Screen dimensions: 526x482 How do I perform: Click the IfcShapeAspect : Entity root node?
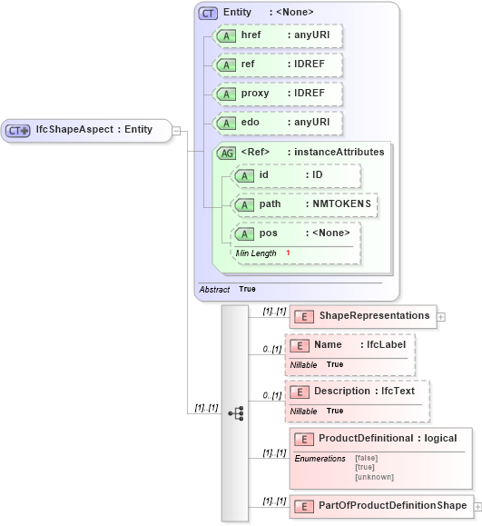[86, 130]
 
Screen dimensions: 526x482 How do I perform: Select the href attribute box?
[276, 35]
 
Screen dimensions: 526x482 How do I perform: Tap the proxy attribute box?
[276, 94]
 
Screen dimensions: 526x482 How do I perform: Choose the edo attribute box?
[276, 123]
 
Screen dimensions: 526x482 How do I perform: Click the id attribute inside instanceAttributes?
[295, 175]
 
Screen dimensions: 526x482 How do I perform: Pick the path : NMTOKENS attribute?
[304, 204]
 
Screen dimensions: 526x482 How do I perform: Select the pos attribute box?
[295, 233]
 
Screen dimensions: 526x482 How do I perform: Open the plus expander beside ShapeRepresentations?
[441, 317]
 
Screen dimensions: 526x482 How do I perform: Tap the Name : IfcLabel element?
[349, 346]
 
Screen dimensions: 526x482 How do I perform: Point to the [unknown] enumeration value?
[374, 477]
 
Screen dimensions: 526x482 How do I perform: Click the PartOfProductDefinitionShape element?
[380, 506]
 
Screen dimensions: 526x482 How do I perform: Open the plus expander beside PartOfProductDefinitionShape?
[477, 506]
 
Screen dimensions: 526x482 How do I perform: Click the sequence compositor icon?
[235, 413]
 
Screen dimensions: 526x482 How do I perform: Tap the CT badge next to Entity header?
[208, 13]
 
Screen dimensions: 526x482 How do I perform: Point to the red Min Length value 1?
[288, 253]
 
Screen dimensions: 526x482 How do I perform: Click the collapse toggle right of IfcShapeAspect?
[176, 130]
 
